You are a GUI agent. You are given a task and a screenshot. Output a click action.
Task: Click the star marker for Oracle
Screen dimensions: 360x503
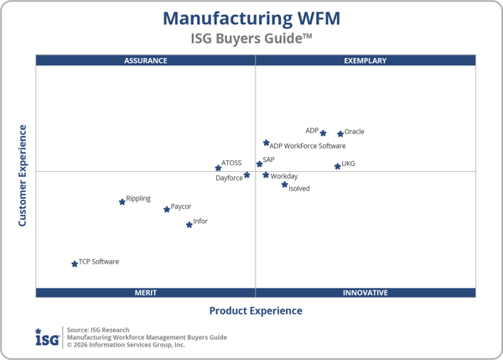340,133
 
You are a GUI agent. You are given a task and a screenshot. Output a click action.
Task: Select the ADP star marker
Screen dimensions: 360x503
323,133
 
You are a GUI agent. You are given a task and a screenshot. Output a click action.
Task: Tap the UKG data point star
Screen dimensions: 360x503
338,166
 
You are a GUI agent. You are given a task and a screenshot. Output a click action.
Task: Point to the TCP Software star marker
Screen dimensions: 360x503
75,263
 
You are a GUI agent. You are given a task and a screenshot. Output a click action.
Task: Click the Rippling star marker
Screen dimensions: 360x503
122,201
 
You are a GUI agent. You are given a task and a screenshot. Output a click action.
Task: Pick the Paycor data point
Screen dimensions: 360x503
167,209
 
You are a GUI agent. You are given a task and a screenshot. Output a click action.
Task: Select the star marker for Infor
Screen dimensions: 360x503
189,225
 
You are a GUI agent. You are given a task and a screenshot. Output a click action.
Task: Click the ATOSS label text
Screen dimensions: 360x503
231,164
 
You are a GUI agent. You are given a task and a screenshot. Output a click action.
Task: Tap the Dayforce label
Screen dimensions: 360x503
229,178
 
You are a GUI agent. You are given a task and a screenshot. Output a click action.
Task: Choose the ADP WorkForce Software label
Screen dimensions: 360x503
308,146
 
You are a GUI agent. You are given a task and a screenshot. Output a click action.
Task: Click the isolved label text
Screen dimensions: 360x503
299,189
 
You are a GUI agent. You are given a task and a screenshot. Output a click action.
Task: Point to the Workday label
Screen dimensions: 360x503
284,176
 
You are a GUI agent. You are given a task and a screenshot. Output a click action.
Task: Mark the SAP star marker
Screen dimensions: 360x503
259,164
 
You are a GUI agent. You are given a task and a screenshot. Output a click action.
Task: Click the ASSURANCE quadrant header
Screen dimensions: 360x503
146,60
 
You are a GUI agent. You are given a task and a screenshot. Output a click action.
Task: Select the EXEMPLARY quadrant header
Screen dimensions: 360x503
366,60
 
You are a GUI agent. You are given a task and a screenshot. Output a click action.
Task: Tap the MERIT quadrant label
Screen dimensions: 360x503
146,293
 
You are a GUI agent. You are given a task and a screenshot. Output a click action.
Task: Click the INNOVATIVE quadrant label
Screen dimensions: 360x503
366,293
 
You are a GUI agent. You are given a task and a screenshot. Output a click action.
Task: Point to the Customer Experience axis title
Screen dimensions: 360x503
23,175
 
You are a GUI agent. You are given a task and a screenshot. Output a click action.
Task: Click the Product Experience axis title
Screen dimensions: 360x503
256,310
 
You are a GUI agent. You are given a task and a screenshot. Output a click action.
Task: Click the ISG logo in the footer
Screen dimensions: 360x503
47,337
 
